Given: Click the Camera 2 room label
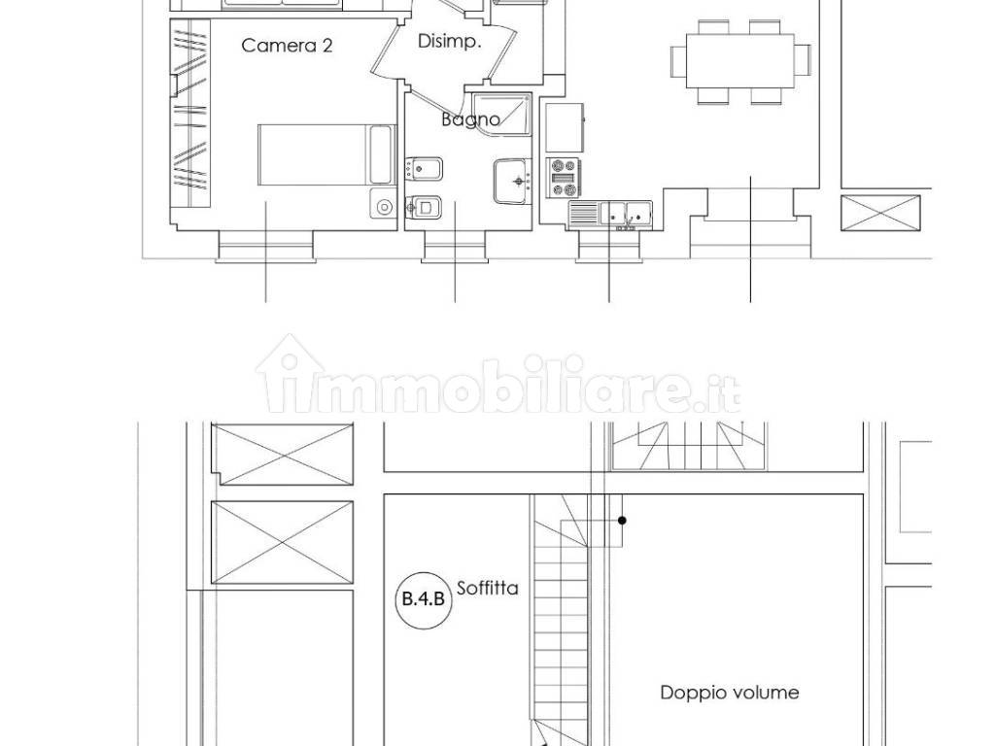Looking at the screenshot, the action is pos(287,46).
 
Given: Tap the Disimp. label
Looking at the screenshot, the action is pos(449,42).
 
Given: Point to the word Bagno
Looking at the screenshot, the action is pos(470,119).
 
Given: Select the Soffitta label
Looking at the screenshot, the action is pos(488,588).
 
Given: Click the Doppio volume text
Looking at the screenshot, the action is pos(729,692).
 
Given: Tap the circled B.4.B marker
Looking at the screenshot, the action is pos(424,598).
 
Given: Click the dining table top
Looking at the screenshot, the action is pos(739,61).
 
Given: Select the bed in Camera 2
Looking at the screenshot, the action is pos(326,154).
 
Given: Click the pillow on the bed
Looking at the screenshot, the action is pos(381,154).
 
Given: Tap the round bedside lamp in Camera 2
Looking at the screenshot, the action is pos(383,206).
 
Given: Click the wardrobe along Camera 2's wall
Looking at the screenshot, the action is pos(190,113).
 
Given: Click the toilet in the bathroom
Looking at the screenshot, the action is pos(424,206).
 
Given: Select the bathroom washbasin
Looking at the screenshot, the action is pos(511,182).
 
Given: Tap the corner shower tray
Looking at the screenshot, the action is pos(501,115).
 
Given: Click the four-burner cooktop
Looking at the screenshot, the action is pos(565,178).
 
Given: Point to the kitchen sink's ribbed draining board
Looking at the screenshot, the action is pos(584,213).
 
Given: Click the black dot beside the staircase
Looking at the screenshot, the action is pos(623,521).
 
